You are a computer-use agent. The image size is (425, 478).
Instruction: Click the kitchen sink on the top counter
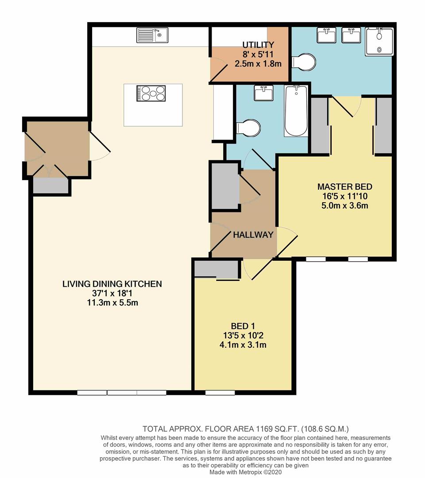pyautogui.click(x=152, y=35)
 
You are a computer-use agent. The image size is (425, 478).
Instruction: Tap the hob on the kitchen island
pyautogui.click(x=151, y=93)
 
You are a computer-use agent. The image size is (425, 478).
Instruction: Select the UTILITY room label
pyautogui.click(x=258, y=45)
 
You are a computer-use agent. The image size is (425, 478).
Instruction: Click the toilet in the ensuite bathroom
pyautogui.click(x=305, y=62)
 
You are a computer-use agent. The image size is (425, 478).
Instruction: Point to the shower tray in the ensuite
pyautogui.click(x=379, y=41)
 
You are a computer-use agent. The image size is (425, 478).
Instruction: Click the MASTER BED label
pyautogui.click(x=345, y=186)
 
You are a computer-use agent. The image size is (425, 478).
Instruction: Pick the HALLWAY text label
pyautogui.click(x=253, y=235)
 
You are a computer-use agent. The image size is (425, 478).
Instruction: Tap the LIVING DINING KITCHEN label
pyautogui.click(x=112, y=284)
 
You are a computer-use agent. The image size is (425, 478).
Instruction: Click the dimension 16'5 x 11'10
pyautogui.click(x=345, y=196)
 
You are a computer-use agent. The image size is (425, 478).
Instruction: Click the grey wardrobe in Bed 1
pyautogui.click(x=216, y=269)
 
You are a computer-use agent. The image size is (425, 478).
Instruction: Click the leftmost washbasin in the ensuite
pyautogui.click(x=326, y=35)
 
